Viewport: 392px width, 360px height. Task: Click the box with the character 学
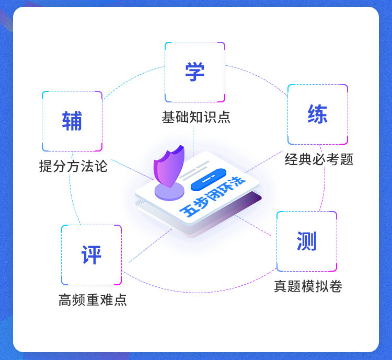pyautogui.click(x=195, y=72)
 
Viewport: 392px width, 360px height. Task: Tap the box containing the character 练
pyautogui.click(x=317, y=114)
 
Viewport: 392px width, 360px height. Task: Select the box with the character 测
pyautogui.click(x=306, y=241)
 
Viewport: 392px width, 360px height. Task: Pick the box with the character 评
pyautogui.click(x=91, y=255)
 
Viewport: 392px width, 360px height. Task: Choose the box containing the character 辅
pyautogui.click(x=72, y=121)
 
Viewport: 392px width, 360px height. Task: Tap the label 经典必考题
pyautogui.click(x=319, y=159)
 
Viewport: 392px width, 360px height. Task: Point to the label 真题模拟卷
pyautogui.click(x=308, y=286)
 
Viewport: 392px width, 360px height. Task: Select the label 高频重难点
pyautogui.click(x=93, y=300)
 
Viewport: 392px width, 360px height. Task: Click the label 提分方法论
pyautogui.click(x=73, y=166)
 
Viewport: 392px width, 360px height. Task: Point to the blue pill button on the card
pyautogui.click(x=208, y=180)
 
